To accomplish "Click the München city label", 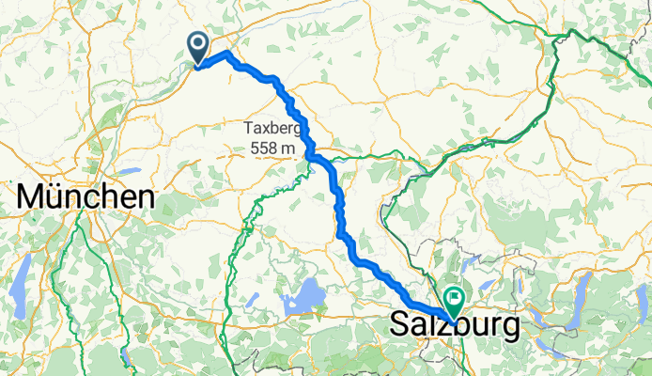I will pos(85,198).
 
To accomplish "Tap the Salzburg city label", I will pos(454,327).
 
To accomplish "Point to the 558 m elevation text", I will pos(274,148).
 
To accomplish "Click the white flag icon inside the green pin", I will pos(455,300).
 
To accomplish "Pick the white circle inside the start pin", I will pos(198,42).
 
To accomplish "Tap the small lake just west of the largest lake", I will pos(252,300).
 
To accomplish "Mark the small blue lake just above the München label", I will pos(128,172).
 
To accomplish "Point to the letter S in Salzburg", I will pos(398,327).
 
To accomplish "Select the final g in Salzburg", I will pos(508,330).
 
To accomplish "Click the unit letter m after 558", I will pos(290,149).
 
